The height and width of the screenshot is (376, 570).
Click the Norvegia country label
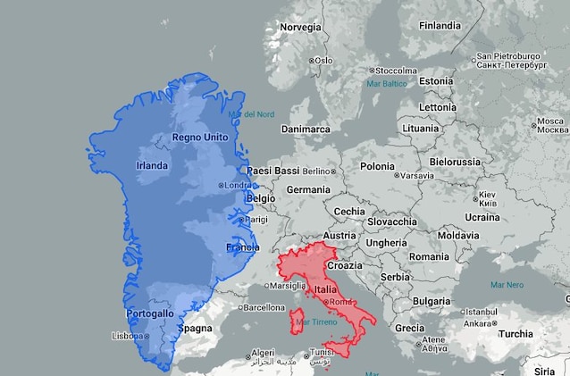click(x=300, y=28)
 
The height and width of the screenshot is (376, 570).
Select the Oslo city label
click(x=322, y=61)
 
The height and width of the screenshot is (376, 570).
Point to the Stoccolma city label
click(x=395, y=71)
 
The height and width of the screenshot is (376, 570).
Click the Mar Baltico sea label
click(x=387, y=84)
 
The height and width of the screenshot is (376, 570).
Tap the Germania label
click(x=308, y=190)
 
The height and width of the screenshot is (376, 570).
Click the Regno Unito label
click(x=200, y=138)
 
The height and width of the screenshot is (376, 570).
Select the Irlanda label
click(x=152, y=166)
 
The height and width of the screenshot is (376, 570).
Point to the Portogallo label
click(x=150, y=314)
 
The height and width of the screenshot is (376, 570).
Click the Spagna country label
click(x=195, y=329)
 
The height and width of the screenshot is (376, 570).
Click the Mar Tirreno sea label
click(x=314, y=322)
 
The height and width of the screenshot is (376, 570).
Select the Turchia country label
click(x=516, y=334)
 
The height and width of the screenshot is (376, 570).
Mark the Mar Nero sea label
click(x=507, y=286)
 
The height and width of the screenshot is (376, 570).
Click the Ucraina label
click(x=482, y=217)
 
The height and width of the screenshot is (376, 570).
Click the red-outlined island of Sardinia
click(x=294, y=321)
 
